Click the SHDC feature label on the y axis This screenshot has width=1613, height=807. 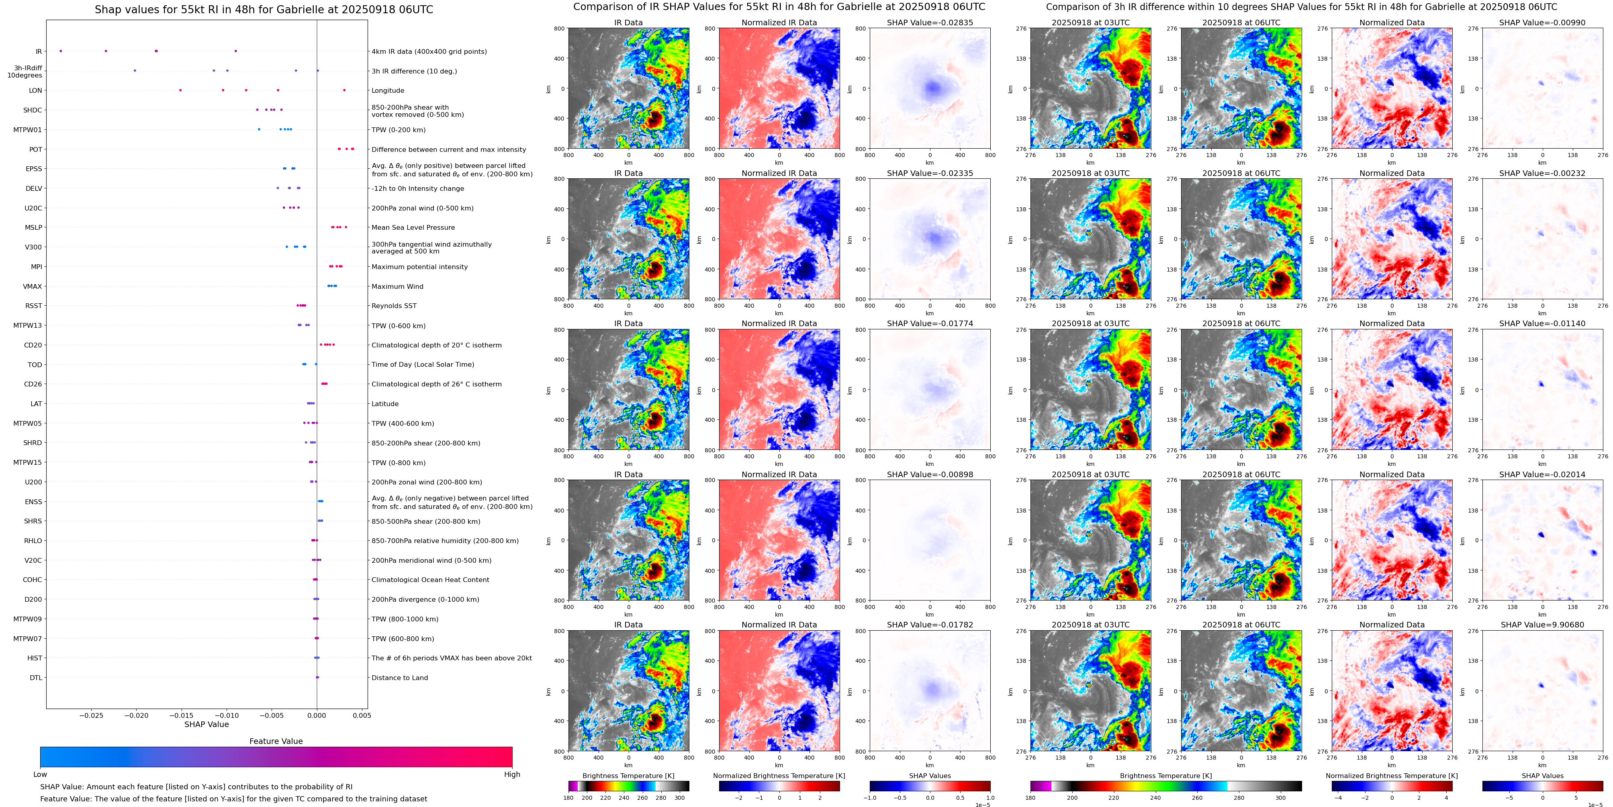tap(33, 110)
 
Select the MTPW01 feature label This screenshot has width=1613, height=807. tap(28, 130)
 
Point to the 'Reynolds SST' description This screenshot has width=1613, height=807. tap(394, 306)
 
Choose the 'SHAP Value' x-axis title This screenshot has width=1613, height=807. tap(206, 724)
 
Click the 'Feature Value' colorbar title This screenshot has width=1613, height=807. tap(276, 741)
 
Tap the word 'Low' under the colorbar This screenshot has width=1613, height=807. tap(40, 774)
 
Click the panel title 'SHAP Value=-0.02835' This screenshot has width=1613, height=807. tap(930, 22)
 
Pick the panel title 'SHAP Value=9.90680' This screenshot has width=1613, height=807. tap(1542, 625)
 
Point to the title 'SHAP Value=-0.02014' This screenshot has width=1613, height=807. tap(1542, 474)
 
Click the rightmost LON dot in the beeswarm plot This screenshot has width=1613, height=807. tap(344, 90)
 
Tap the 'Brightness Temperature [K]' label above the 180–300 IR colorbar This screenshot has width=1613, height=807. tap(628, 776)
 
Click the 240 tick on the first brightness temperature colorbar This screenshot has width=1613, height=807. tap(624, 798)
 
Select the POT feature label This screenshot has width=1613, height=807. tap(36, 149)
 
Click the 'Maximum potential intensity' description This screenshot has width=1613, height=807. tap(419, 267)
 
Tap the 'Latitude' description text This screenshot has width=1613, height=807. tap(385, 404)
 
